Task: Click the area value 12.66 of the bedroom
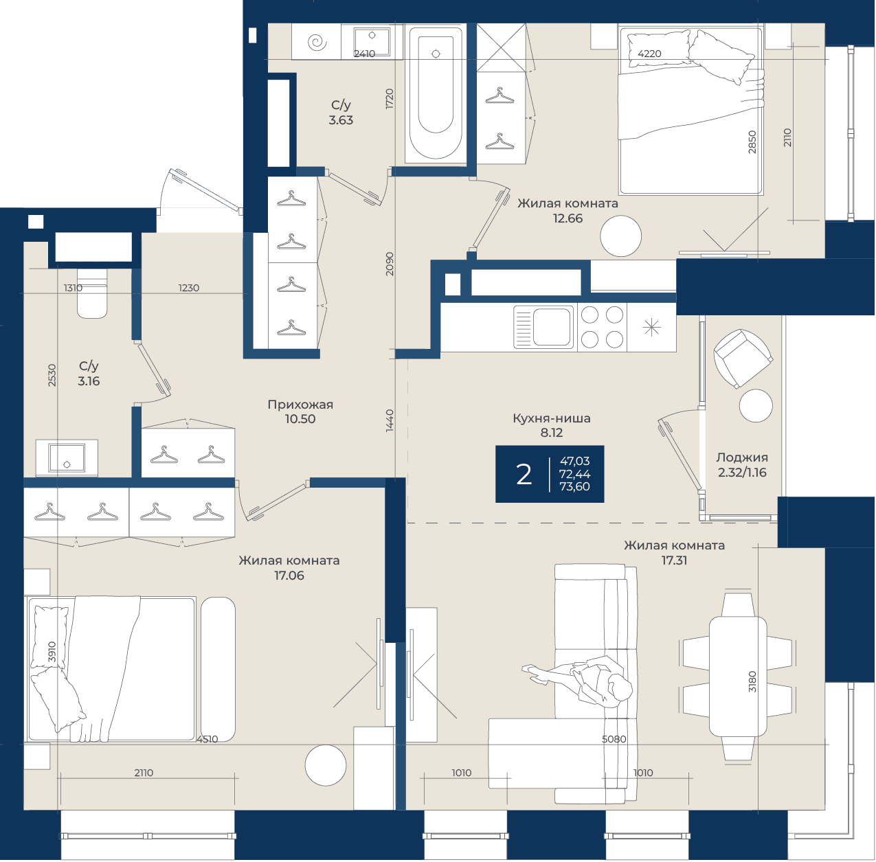568,218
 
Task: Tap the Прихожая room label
300,404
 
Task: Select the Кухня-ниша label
552,418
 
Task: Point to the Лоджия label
742,457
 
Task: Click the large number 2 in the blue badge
524,475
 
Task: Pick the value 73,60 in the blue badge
574,486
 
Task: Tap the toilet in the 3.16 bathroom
92,293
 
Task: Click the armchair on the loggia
742,359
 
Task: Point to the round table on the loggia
756,405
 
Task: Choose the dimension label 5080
614,739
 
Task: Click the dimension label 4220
649,54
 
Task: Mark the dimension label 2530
52,375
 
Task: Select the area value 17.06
289,576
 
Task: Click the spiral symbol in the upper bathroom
317,43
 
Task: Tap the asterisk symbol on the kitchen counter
651,328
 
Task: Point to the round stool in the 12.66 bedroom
620,236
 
